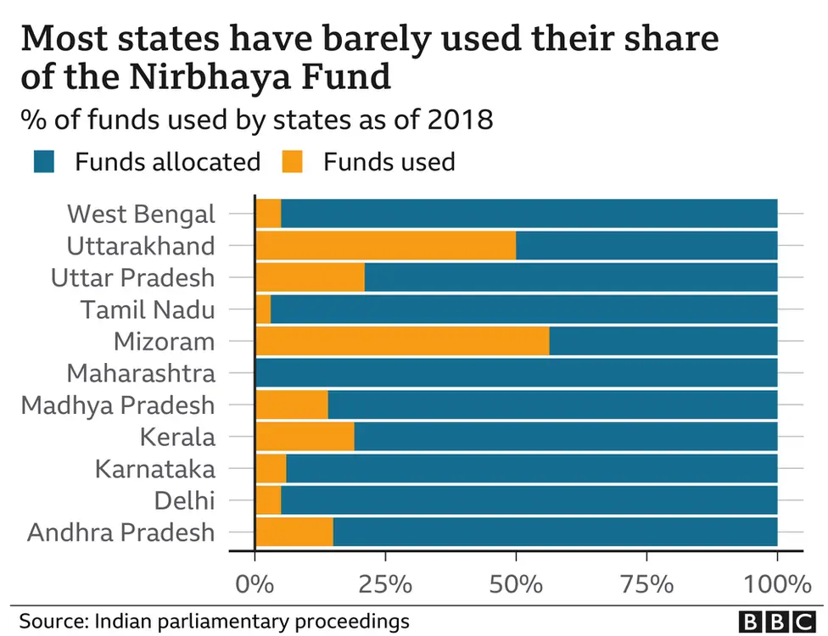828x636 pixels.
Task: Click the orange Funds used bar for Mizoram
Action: point(402,341)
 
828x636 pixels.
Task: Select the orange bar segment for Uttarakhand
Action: point(385,245)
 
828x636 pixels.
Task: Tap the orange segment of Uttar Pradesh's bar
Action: point(310,277)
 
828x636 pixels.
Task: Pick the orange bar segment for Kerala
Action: point(305,437)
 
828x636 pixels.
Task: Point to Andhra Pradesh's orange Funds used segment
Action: point(294,533)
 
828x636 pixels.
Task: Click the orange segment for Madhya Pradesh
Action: point(292,405)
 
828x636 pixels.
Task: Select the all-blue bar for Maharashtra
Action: point(516,373)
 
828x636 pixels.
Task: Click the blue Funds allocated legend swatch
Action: point(43,162)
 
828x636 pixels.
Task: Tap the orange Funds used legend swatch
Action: point(293,162)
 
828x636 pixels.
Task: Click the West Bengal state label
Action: point(141,214)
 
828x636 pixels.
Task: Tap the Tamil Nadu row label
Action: point(148,310)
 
